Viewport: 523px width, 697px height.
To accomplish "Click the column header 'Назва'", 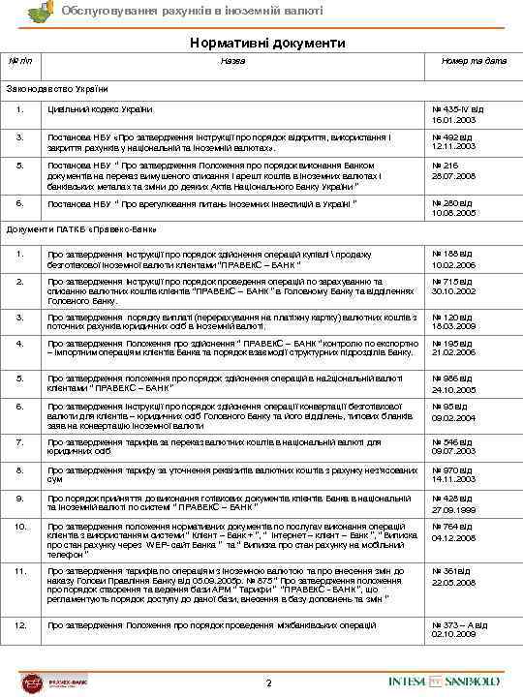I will point(232,61).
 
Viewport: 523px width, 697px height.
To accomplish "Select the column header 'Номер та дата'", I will point(471,61).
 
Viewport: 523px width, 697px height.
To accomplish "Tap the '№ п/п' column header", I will point(20,61).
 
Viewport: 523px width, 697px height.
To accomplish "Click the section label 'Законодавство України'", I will point(53,90).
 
